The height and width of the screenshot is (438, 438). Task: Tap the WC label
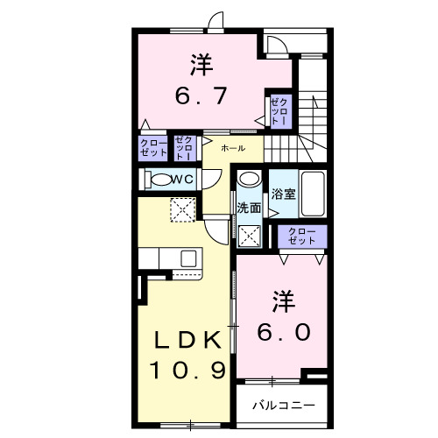(182, 179)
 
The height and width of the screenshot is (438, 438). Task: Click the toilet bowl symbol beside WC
(159, 180)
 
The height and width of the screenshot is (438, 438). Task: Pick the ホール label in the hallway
(232, 149)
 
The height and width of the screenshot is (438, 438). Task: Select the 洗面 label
(249, 208)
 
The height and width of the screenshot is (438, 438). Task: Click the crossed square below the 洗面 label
(250, 234)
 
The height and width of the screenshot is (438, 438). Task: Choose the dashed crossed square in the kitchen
(183, 208)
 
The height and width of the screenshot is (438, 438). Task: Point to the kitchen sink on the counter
(187, 258)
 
